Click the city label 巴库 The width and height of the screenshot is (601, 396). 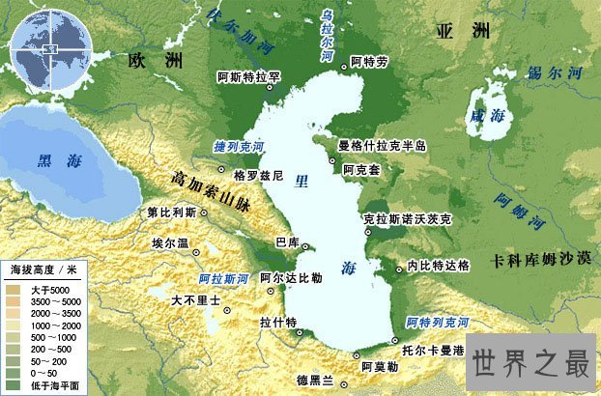click(x=286, y=240)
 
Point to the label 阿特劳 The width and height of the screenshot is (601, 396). click(x=367, y=61)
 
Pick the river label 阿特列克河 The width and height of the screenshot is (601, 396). click(x=438, y=320)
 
